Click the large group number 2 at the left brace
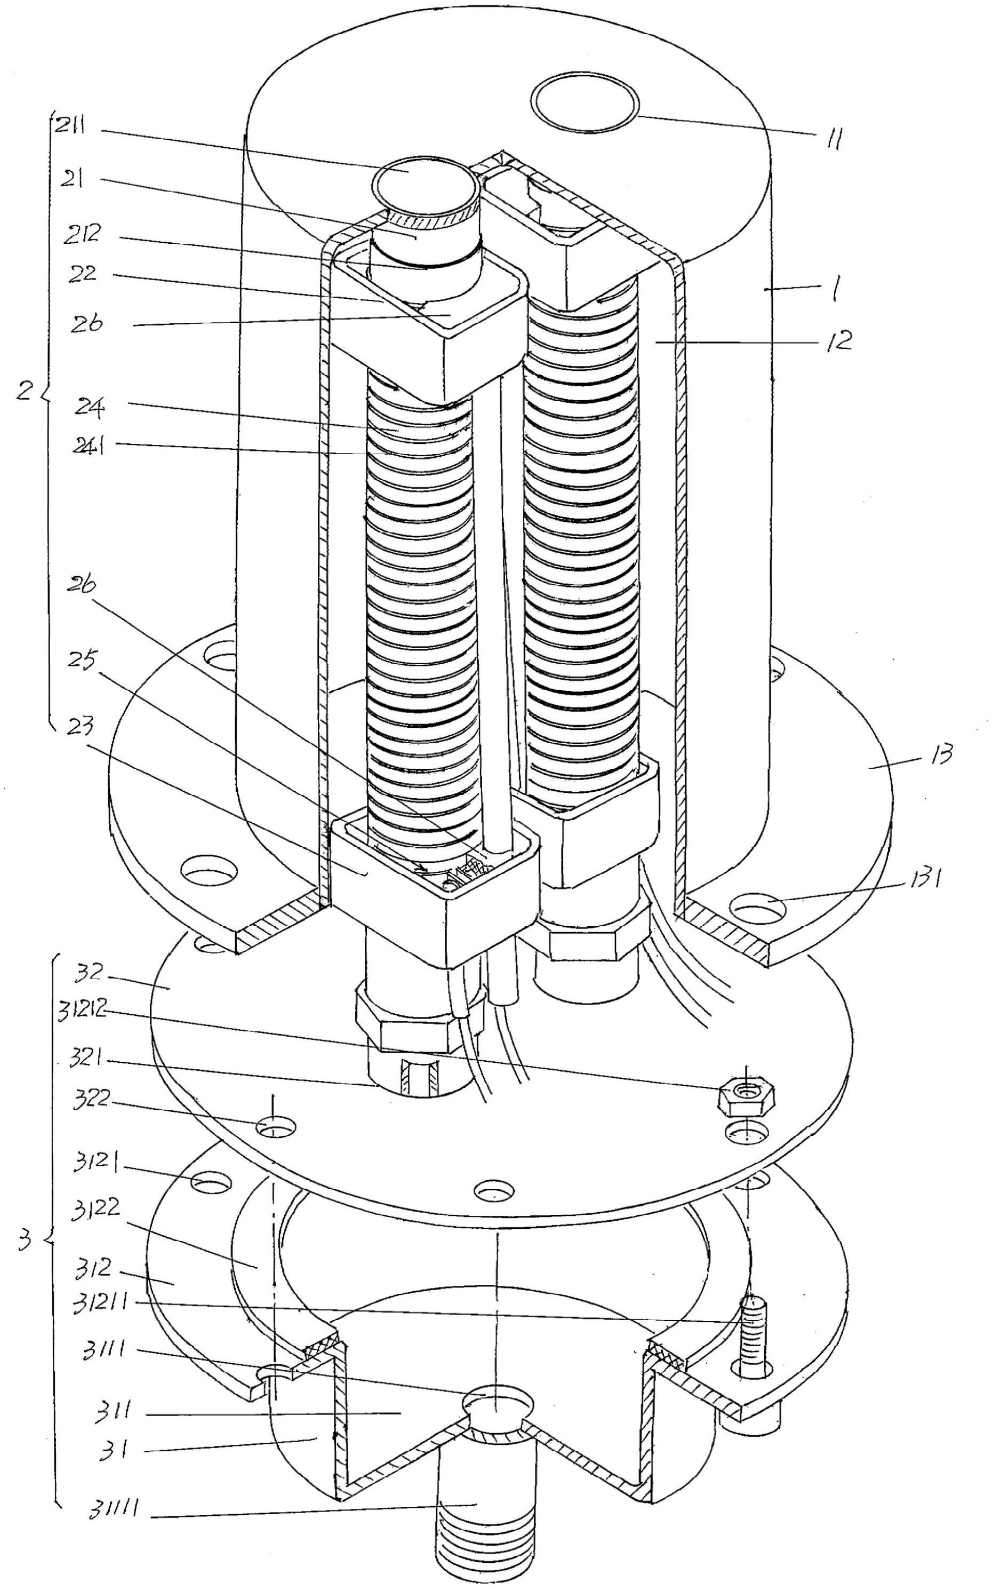pyautogui.click(x=25, y=394)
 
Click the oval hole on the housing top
pyautogui.click(x=585, y=105)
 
